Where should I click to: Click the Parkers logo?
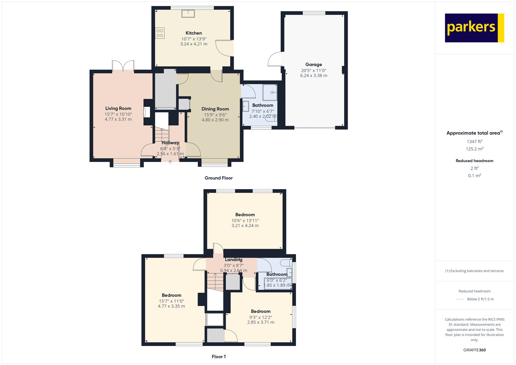tap(474, 28)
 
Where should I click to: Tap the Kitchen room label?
tap(194, 33)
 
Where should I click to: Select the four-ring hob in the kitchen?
tap(160, 33)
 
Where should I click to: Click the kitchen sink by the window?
tap(188, 14)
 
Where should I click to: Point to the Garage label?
tap(313, 65)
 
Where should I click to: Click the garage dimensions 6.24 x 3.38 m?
tap(313, 76)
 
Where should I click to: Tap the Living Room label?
tap(118, 108)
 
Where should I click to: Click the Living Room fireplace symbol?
tap(146, 112)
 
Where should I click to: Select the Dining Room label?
tap(215, 109)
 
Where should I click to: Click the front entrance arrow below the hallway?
tap(170, 162)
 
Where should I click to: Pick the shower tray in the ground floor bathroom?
tap(270, 92)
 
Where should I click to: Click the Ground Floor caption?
tap(219, 178)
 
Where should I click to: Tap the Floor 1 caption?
tap(219, 357)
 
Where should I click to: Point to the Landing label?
tap(233, 259)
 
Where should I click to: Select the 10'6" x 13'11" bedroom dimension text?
tap(245, 220)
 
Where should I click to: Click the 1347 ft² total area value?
tap(474, 141)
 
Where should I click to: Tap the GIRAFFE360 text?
tap(474, 350)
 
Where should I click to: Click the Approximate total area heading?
tap(474, 133)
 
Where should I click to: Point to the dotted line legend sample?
tap(460, 299)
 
